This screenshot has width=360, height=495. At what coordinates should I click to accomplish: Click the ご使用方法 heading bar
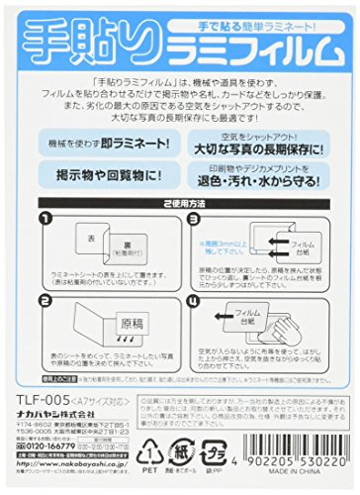point(179,231)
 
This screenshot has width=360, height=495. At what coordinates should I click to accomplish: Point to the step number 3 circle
point(190,246)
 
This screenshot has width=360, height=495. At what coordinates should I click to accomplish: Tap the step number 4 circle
point(190,323)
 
